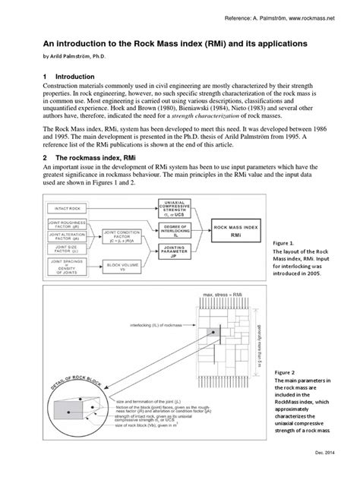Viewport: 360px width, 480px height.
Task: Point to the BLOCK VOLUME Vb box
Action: coord(124,267)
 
